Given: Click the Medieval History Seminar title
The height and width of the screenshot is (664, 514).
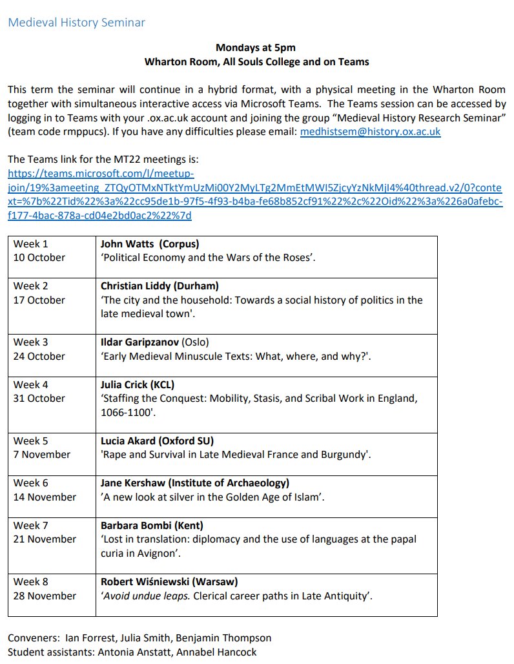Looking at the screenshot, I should [76, 23].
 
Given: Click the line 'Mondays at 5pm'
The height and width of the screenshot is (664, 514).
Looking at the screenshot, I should [256, 48].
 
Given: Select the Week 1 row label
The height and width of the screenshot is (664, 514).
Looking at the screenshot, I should [31, 244].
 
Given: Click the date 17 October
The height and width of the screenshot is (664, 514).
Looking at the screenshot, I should [39, 300].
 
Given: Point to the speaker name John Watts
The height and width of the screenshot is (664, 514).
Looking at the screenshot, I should [127, 244].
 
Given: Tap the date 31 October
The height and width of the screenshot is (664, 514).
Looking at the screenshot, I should [39, 398].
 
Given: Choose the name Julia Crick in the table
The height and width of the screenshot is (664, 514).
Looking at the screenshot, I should [126, 384].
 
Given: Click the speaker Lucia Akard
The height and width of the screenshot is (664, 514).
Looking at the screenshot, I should [129, 441].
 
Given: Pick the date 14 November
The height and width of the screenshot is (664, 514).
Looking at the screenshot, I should [45, 497].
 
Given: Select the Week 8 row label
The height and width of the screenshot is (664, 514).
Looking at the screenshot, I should [31, 581].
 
